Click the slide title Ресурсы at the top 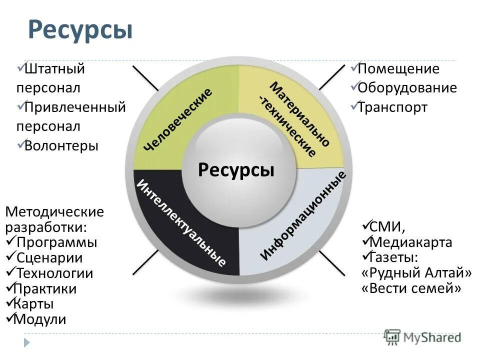click(80, 29)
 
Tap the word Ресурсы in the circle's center click(236, 169)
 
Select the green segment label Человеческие click(177, 119)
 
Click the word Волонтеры click(62, 145)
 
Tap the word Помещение click(398, 69)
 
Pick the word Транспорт click(392, 107)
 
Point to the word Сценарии click(49, 258)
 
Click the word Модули click(40, 319)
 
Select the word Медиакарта click(411, 242)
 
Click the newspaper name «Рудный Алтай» click(416, 273)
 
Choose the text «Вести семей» click(410, 288)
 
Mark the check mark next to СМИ click(365, 225)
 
